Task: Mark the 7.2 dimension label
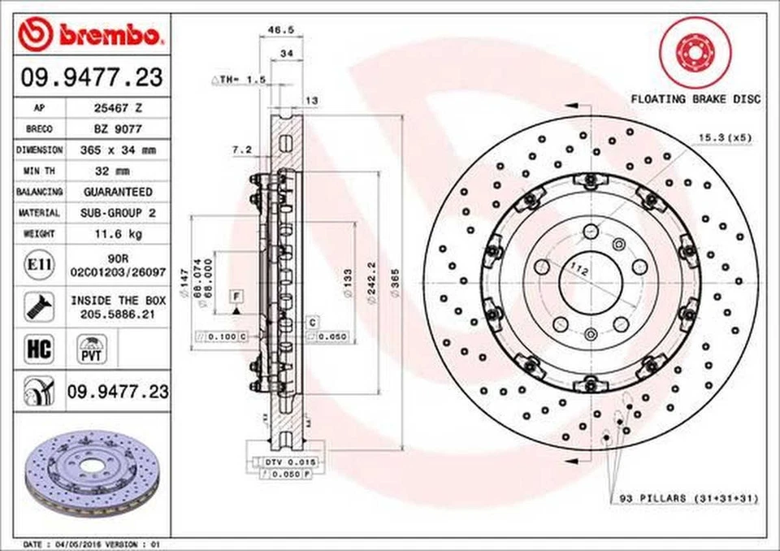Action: click(241, 150)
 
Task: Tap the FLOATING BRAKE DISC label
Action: click(695, 98)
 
